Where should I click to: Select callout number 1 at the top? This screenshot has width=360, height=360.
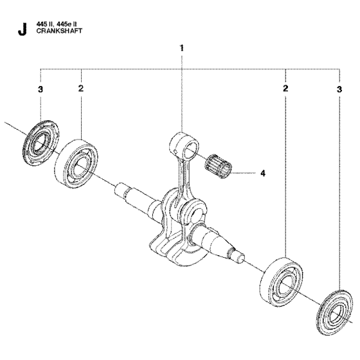point(182,48)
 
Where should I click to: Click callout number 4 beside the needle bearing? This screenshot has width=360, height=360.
point(262,172)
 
